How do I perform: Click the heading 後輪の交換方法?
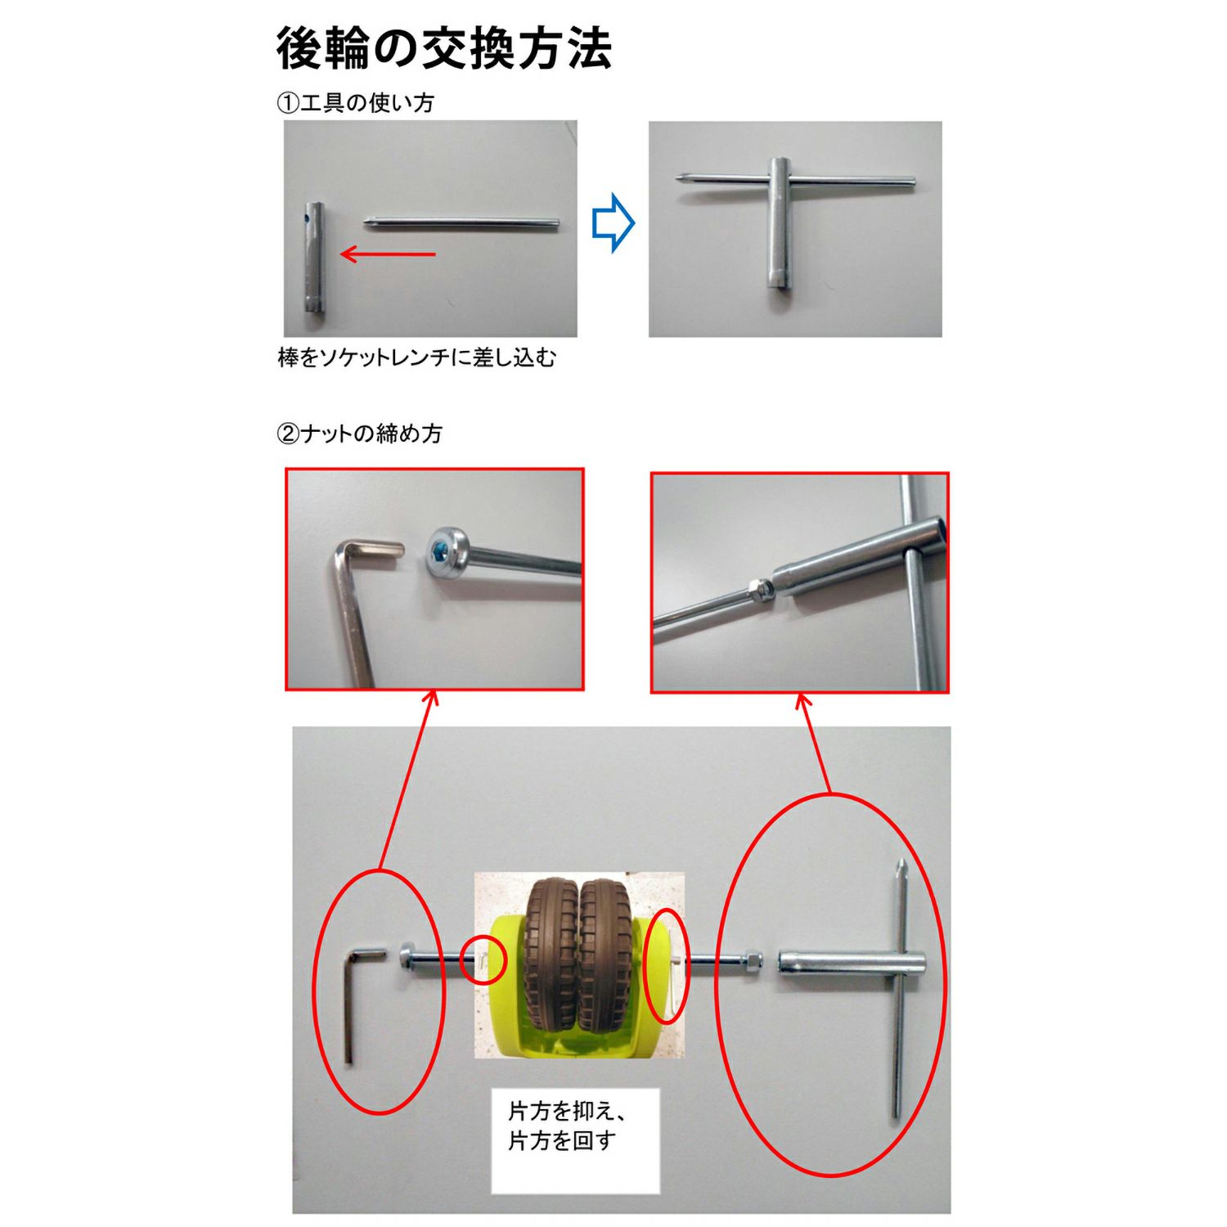[444, 49]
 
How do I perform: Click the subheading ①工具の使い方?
[356, 103]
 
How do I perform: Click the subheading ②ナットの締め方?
[360, 433]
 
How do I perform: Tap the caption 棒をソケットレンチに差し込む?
[417, 357]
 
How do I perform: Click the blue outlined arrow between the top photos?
[613, 222]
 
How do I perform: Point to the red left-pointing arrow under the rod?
[387, 254]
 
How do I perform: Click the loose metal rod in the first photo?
[462, 222]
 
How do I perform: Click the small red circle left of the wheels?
[483, 959]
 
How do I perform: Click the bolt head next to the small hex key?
[407, 956]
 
